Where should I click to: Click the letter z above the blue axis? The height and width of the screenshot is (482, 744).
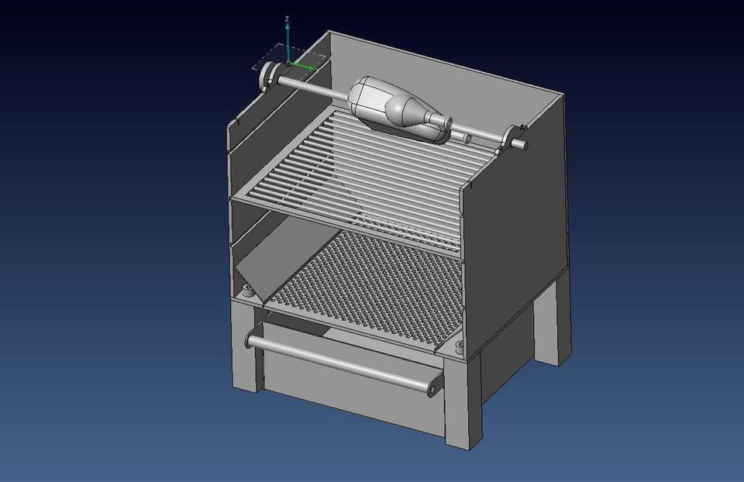point(288,18)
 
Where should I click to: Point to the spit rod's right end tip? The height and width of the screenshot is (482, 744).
point(525,144)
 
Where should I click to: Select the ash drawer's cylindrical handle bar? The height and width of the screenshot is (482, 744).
point(341,361)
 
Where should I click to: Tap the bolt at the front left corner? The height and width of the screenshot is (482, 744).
point(247,293)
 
